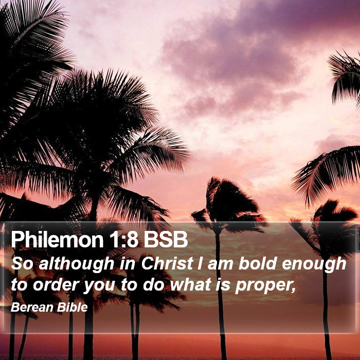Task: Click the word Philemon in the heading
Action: pos(57,240)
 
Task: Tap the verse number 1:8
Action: pos(123,240)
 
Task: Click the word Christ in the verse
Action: pos(167,263)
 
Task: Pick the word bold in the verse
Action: pos(257,263)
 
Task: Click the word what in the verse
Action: pos(191,285)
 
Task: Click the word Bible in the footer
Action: pos(73,307)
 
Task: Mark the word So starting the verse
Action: pos(22,264)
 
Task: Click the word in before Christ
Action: pos(128,264)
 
